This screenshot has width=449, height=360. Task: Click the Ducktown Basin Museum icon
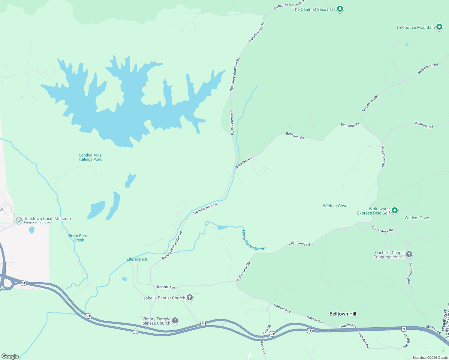(19, 220)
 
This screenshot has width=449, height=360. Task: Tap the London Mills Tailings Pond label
(90, 157)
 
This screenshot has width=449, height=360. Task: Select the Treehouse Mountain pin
(439, 27)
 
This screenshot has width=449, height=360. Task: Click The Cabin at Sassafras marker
(340, 9)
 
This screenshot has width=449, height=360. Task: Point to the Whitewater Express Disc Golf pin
(395, 211)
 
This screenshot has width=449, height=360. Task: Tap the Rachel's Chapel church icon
(409, 254)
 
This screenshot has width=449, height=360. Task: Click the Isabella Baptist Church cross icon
(189, 298)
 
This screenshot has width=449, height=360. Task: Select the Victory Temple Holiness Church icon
(175, 321)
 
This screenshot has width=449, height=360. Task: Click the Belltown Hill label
(343, 314)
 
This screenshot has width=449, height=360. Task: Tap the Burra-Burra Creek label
(79, 238)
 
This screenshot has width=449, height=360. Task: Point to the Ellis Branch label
(137, 259)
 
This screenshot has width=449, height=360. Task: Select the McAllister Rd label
(424, 125)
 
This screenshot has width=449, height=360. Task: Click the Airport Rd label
(263, 347)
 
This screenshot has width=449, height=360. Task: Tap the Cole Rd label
(267, 330)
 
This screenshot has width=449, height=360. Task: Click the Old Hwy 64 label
(433, 329)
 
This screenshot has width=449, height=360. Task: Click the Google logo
(10, 356)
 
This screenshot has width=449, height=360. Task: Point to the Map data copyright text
(430, 358)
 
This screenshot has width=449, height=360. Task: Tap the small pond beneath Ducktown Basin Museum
(32, 230)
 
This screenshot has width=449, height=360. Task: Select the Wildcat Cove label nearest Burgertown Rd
(335, 206)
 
